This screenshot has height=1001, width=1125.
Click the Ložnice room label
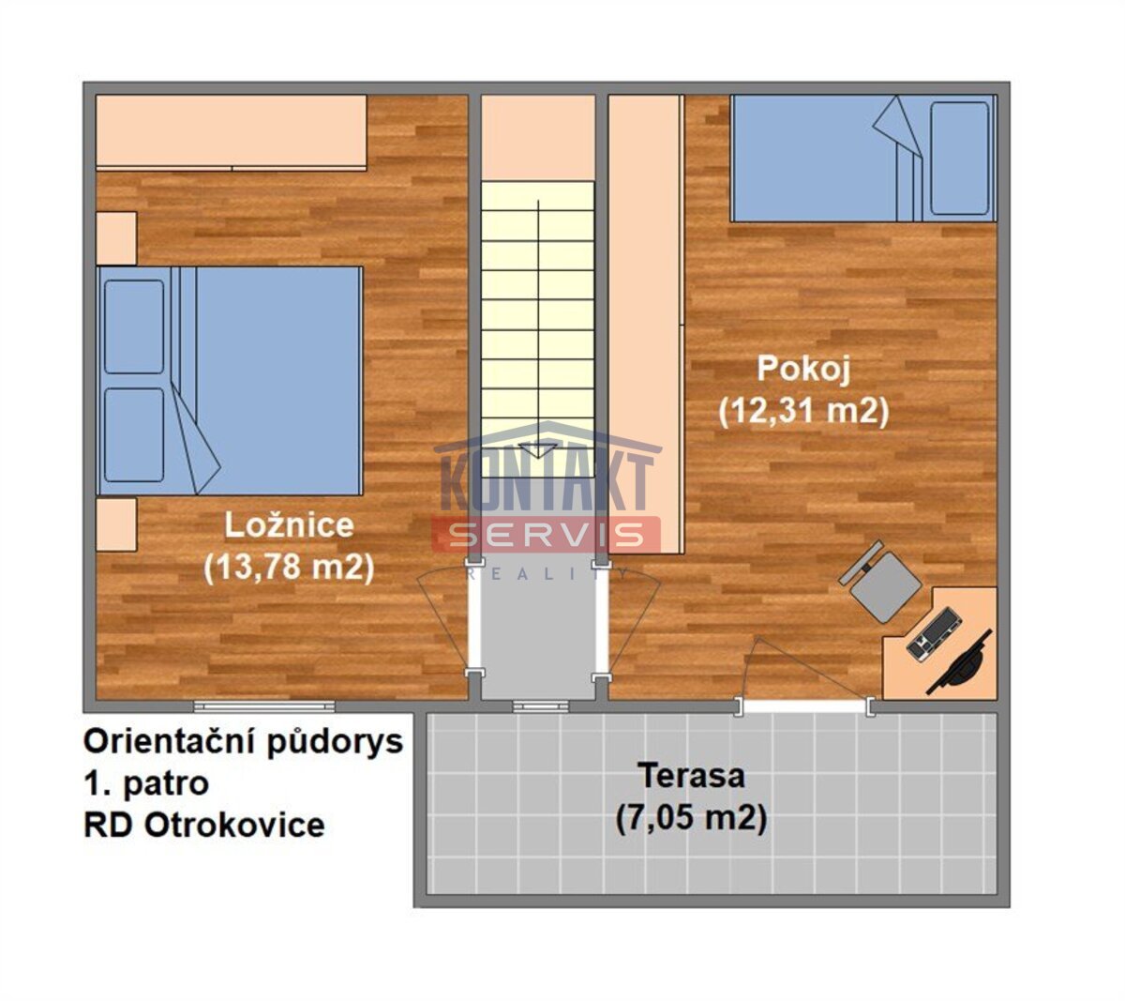click(x=289, y=525)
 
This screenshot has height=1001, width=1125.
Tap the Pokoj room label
click(x=803, y=369)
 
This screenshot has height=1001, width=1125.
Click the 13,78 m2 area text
click(x=289, y=568)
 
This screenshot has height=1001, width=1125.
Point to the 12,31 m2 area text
click(x=803, y=412)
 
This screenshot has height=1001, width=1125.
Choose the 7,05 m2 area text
click(x=691, y=817)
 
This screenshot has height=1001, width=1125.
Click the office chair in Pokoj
click(x=881, y=582)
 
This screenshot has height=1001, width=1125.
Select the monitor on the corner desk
click(x=959, y=662)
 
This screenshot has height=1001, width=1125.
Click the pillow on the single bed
click(x=960, y=158)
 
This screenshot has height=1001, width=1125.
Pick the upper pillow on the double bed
click(x=134, y=326)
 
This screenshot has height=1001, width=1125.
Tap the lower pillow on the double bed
click(x=134, y=435)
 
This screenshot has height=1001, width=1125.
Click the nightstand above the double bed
click(x=116, y=238)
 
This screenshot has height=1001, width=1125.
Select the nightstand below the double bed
click(x=116, y=524)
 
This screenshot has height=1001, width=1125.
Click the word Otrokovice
click(x=234, y=826)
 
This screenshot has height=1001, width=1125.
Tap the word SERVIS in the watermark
click(x=546, y=534)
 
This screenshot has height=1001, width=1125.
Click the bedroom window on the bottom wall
click(x=264, y=706)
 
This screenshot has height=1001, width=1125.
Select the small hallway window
click(x=541, y=706)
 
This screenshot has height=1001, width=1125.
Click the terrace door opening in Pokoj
click(x=804, y=706)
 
